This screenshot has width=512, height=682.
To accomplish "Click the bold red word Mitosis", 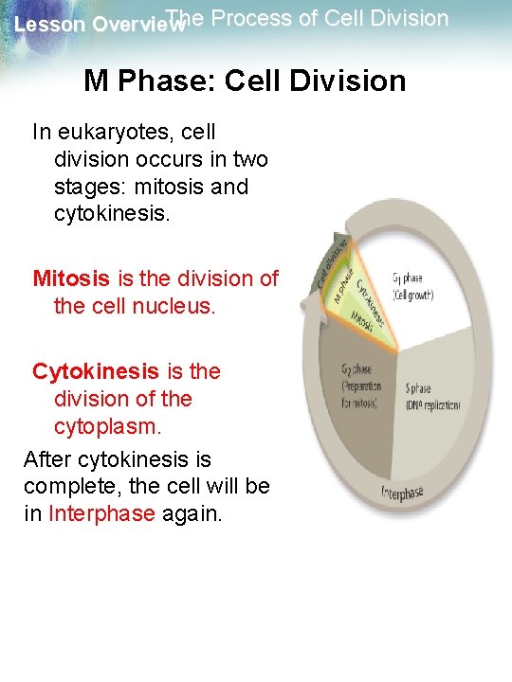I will pos(71,278).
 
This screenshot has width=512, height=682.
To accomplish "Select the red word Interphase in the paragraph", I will pos(101,514).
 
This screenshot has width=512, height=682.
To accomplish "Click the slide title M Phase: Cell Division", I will pos(245,81).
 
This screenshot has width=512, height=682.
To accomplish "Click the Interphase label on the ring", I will pos(402,494).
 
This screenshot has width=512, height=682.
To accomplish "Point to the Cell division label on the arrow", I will pos(329,263).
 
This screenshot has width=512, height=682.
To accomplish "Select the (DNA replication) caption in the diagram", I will pos(432,405).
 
